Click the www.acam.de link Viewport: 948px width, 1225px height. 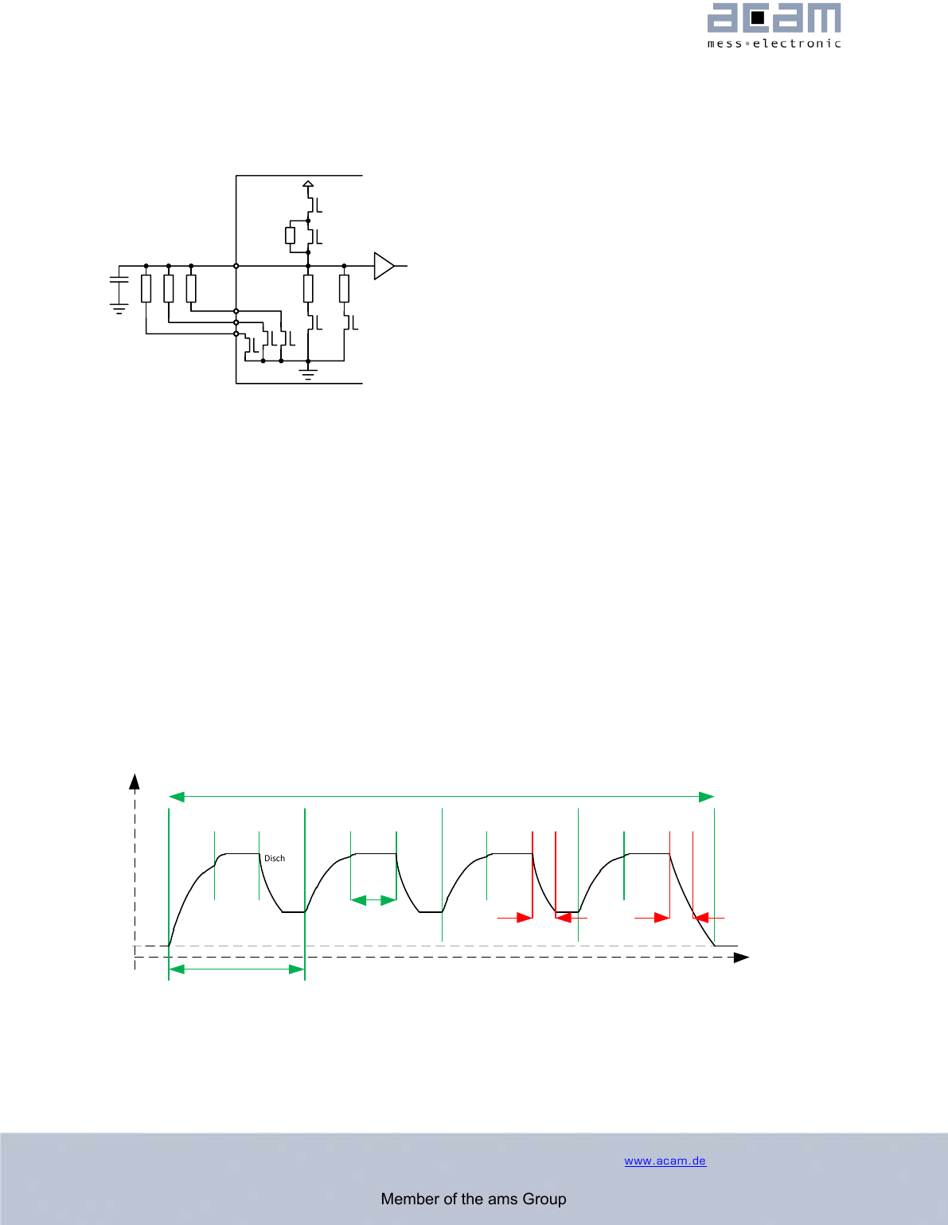(665, 1161)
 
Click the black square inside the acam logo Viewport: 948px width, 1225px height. (757, 18)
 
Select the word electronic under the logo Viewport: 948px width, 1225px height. (797, 44)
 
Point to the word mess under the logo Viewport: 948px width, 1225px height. (724, 44)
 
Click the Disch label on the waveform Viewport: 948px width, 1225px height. (275, 858)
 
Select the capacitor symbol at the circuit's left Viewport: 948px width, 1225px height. (119, 279)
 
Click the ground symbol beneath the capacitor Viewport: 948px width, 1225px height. (119, 309)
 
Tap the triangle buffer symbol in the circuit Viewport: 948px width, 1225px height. (384, 266)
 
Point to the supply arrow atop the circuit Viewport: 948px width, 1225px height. (308, 185)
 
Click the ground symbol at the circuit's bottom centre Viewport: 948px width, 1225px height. (308, 373)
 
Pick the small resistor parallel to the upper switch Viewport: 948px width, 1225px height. (291, 236)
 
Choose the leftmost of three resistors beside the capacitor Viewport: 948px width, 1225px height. (146, 288)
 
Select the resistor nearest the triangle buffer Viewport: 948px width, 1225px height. (344, 288)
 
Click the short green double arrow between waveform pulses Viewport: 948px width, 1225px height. (373, 900)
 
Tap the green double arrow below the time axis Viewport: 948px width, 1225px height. (237, 969)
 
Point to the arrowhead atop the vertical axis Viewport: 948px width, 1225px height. (135, 780)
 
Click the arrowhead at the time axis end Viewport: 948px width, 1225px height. (742, 957)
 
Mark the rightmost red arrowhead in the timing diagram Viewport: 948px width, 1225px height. (700, 918)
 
